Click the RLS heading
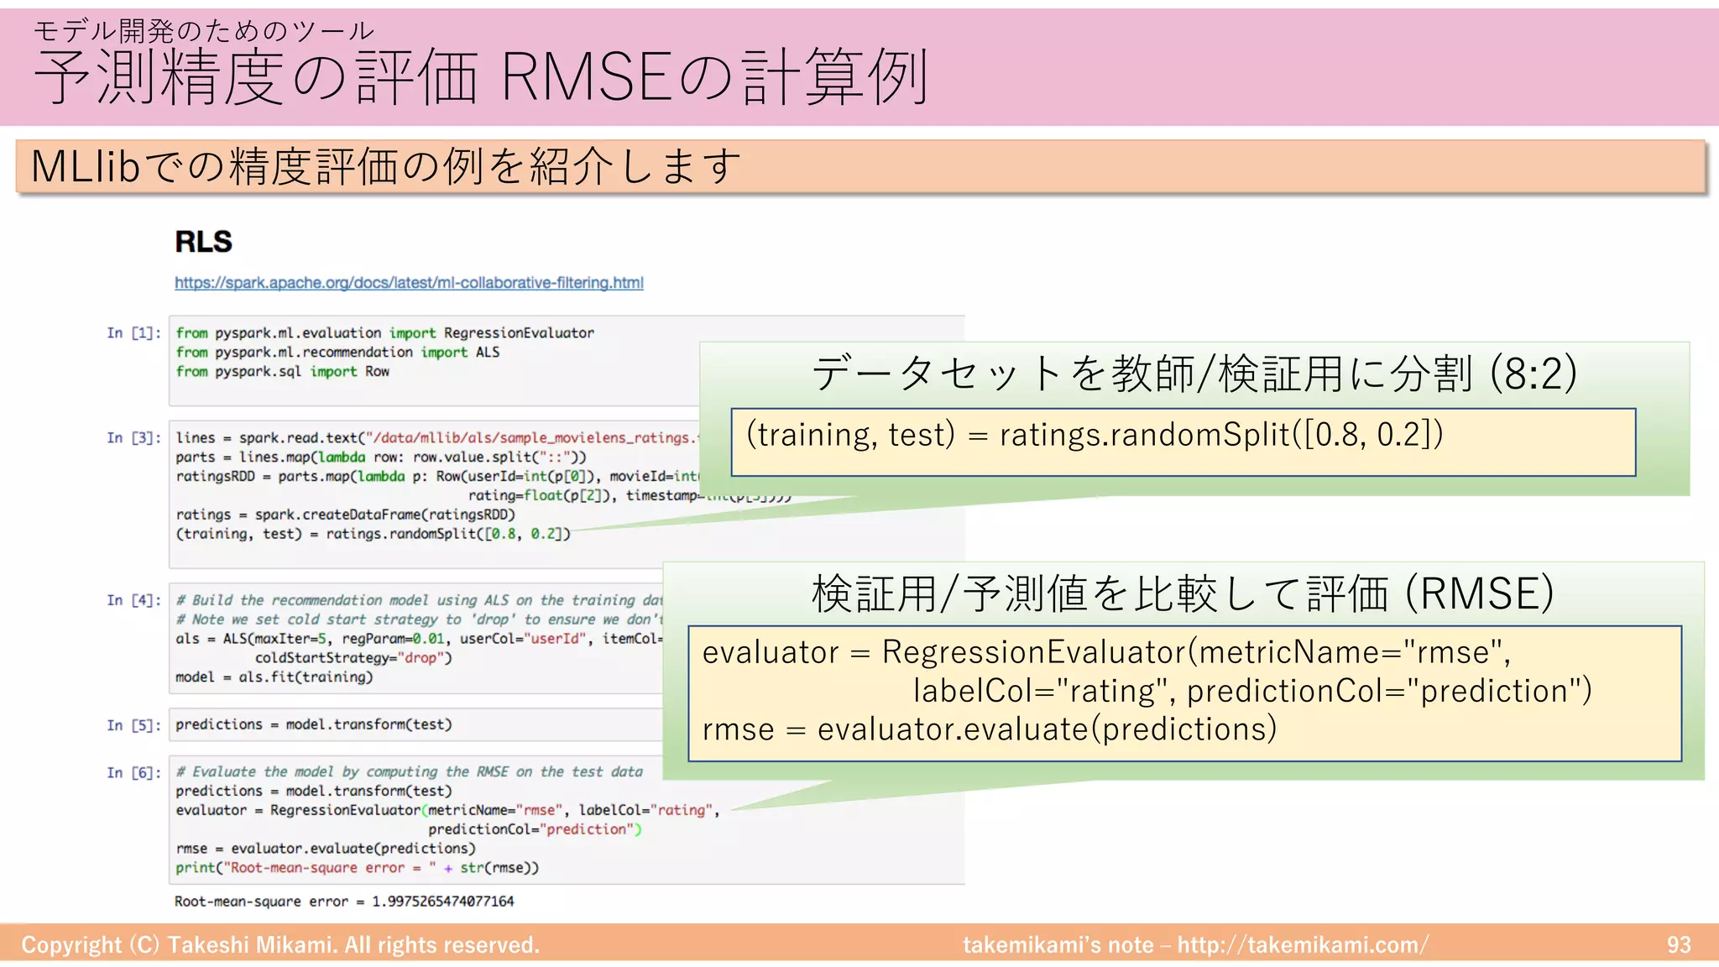click(203, 242)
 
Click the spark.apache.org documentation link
click(409, 283)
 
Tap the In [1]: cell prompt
click(133, 333)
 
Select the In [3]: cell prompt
click(133, 438)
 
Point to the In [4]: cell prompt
click(133, 600)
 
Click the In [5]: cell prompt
click(133, 725)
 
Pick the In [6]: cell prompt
click(133, 773)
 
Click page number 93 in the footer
click(1679, 945)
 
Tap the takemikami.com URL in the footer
click(1302, 945)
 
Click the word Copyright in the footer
click(71, 945)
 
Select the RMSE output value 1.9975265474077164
click(442, 902)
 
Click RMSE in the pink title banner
click(587, 77)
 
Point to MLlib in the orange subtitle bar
click(84, 166)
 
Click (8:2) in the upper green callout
click(1533, 374)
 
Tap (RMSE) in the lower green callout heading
click(1479, 593)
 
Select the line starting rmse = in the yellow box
click(989, 729)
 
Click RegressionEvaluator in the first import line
click(519, 333)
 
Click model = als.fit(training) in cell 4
click(274, 677)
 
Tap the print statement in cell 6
click(357, 868)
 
